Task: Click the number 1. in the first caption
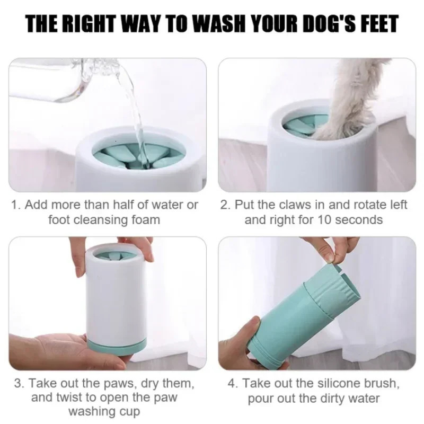16,205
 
